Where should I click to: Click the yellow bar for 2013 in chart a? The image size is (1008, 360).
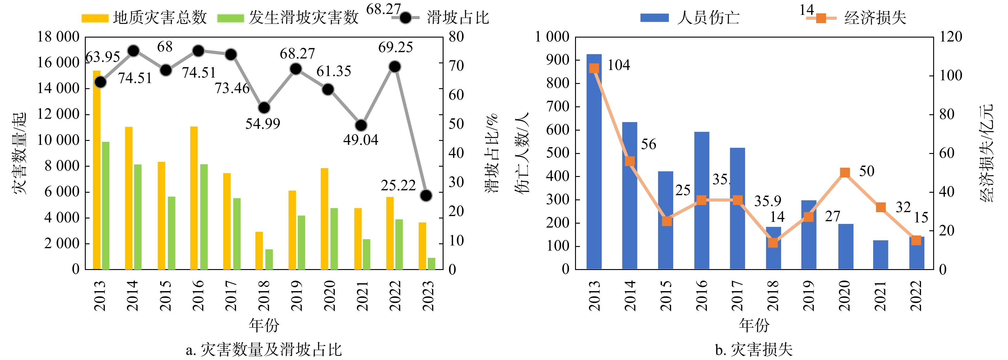(x=97, y=170)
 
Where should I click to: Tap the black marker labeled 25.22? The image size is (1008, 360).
(x=426, y=195)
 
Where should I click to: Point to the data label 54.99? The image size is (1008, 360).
(x=263, y=124)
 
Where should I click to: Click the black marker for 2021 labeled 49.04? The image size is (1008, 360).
(x=361, y=125)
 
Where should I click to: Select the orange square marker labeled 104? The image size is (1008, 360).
(x=594, y=68)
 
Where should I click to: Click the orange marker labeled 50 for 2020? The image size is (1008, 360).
(x=845, y=172)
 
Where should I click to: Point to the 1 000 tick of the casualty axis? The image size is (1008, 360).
(x=552, y=37)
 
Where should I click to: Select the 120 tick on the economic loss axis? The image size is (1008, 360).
(x=950, y=37)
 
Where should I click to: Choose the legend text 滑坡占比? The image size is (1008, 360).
(x=458, y=18)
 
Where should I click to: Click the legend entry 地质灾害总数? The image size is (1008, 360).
(x=160, y=18)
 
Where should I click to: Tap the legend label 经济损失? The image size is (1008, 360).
(x=875, y=18)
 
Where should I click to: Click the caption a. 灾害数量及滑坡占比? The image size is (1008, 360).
(x=264, y=349)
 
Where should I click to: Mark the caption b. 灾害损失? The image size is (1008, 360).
(x=754, y=349)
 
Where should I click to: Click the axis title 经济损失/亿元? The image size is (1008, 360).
(x=986, y=153)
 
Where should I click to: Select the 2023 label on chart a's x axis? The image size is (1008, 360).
(x=428, y=295)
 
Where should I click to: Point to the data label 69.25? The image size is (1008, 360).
(x=395, y=47)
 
